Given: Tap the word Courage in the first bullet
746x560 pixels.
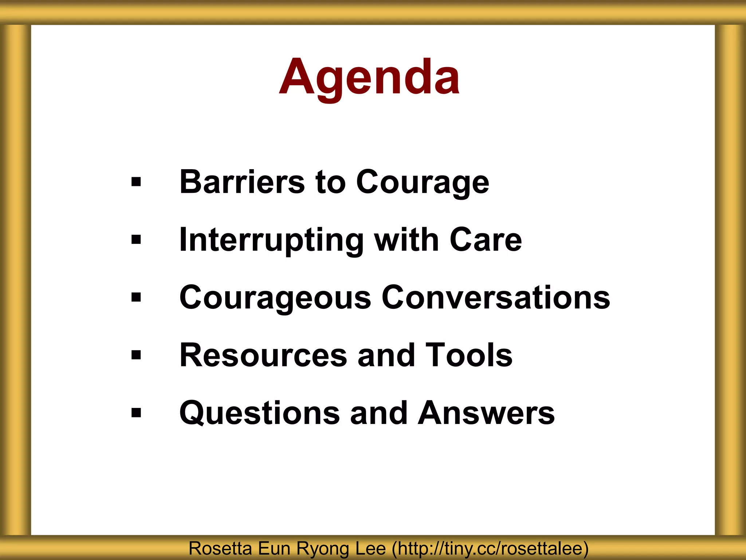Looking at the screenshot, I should [423, 182].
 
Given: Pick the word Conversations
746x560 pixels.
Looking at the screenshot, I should [496, 297].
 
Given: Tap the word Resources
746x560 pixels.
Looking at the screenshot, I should [263, 355].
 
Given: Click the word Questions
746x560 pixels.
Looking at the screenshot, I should [259, 413].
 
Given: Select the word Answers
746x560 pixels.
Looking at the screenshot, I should [486, 413].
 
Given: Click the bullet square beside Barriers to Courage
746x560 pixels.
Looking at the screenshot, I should [136, 182].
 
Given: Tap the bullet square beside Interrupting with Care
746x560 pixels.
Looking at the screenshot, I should [136, 240].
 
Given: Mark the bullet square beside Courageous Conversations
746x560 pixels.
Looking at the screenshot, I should [136, 297].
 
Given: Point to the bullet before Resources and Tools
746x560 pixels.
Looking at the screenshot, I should [136, 355].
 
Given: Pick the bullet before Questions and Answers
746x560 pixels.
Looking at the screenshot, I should [136, 413].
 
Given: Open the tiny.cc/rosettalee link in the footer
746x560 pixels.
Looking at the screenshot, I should [490, 549].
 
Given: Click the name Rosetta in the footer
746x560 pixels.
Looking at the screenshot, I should [220, 549].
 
